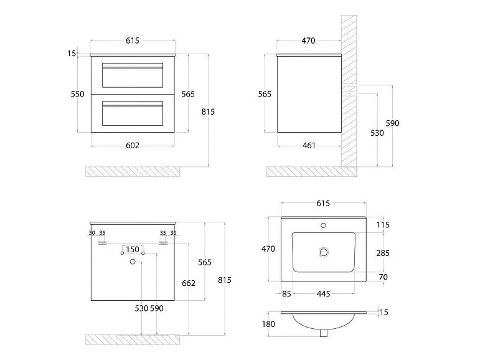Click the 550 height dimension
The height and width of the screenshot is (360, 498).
(x=77, y=94)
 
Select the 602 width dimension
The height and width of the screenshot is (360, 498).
(x=133, y=146)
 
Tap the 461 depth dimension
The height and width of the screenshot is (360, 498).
(x=309, y=146)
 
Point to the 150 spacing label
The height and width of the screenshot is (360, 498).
(x=133, y=249)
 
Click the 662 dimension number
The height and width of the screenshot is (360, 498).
(x=189, y=283)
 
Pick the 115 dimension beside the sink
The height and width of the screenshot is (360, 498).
(x=383, y=225)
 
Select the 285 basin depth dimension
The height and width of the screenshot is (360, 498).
(x=383, y=253)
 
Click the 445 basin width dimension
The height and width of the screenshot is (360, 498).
(x=323, y=294)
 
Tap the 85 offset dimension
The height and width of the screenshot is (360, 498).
(x=286, y=294)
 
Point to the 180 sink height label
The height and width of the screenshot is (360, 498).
(x=268, y=324)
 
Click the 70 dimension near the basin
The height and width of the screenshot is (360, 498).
(x=383, y=277)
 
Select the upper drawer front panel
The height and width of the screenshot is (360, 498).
(x=133, y=75)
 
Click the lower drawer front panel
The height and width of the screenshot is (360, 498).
(x=133, y=113)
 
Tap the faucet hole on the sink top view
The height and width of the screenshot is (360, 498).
(x=323, y=225)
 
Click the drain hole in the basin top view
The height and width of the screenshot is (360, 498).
(x=324, y=252)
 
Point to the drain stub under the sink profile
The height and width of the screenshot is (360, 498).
(x=324, y=333)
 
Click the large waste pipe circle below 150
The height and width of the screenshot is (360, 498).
(x=133, y=262)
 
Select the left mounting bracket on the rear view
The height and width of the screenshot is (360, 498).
(x=102, y=243)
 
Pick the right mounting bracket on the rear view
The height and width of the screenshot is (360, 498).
(x=163, y=243)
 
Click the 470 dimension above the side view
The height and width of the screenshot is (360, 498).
(x=308, y=40)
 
